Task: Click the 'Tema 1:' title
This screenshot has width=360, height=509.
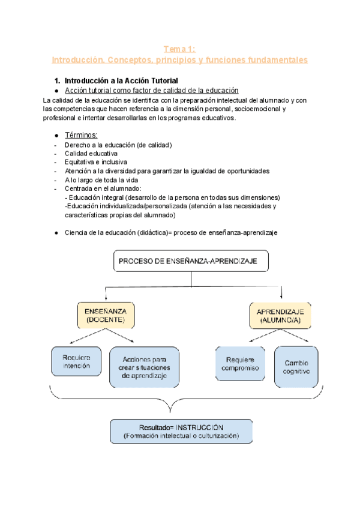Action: point(180,49)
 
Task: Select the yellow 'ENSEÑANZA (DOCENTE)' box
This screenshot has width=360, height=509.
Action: point(106,316)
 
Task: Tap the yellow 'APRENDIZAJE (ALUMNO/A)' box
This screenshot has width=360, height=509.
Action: point(280,316)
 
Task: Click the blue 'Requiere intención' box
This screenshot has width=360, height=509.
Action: point(76,361)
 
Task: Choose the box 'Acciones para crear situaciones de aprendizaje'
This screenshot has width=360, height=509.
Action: point(144,366)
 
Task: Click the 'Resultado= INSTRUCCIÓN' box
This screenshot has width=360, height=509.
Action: point(179,431)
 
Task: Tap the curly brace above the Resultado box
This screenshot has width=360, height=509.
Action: point(180,396)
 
